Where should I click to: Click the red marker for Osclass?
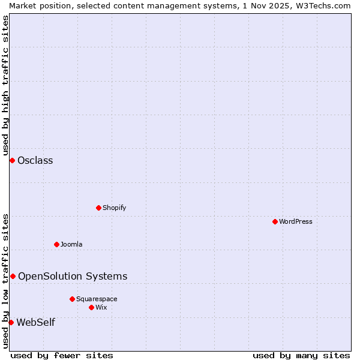[12, 160]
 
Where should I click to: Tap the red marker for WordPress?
[275, 221]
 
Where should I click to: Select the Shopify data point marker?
[99, 208]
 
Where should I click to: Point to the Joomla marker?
[57, 244]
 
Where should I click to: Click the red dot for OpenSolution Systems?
[13, 276]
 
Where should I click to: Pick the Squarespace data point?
[73, 299]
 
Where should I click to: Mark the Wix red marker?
[92, 307]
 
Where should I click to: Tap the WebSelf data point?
[11, 322]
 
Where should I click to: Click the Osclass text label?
[35, 160]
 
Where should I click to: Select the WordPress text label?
[296, 221]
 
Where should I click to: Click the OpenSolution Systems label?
[73, 276]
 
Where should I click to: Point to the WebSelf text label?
[35, 322]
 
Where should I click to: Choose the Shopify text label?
[114, 208]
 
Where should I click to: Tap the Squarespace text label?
[97, 299]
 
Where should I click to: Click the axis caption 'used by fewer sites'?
[62, 355]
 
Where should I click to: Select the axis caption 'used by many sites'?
[301, 355]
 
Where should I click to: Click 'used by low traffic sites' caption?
[5, 281]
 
